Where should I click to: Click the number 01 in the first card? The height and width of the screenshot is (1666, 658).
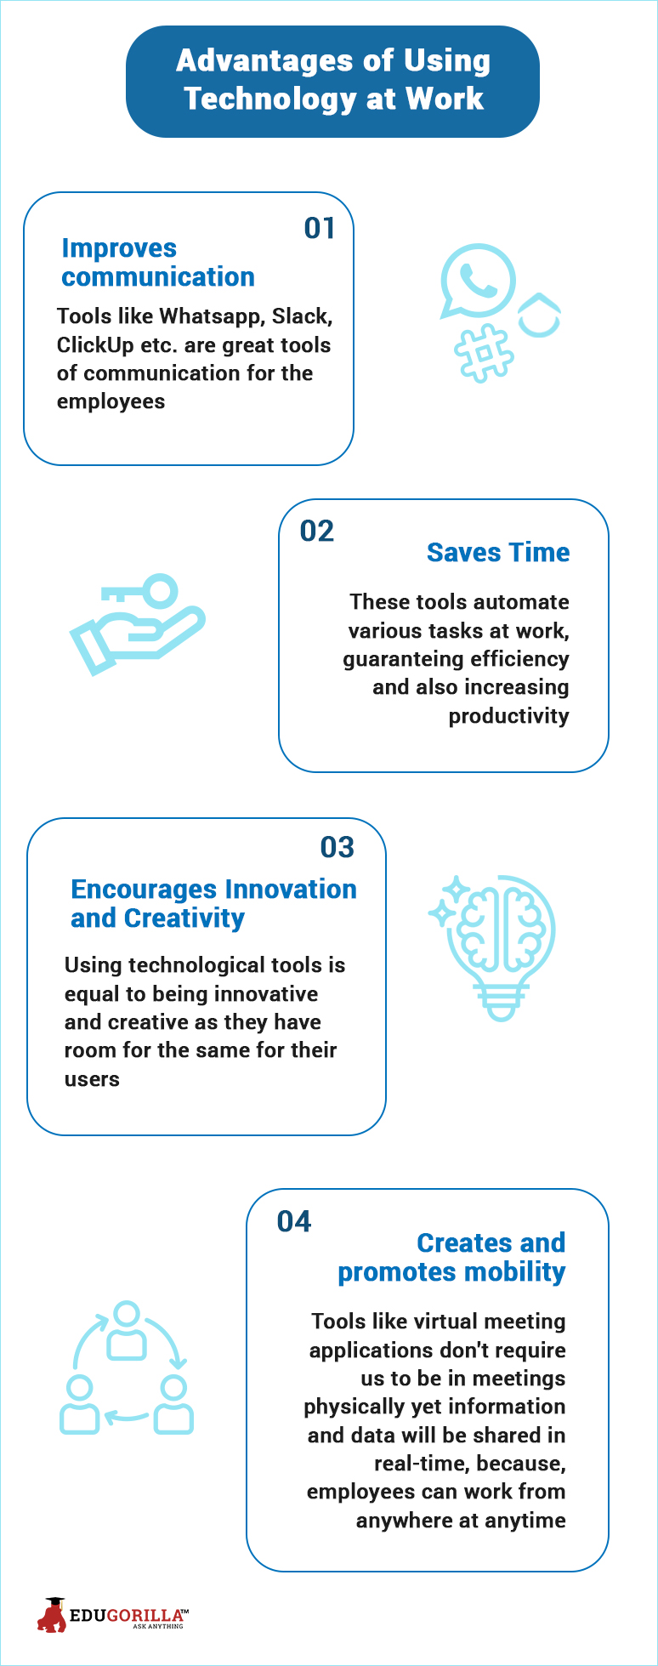pos(320,228)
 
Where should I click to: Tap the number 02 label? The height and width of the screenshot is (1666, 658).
pos(317,531)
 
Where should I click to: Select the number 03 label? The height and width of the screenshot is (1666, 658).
pos(338,847)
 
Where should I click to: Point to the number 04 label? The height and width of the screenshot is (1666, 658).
pos(294,1221)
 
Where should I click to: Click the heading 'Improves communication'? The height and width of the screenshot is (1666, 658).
pos(158,262)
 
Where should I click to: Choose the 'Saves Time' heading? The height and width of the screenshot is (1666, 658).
pos(498,553)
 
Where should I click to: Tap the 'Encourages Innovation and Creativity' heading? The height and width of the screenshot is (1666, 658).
pos(213,903)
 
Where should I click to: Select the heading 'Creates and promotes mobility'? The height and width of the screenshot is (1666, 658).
pos(451,1257)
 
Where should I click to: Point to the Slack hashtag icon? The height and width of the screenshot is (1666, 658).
pos(485,352)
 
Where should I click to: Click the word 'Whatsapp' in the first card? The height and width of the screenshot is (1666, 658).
pos(212,317)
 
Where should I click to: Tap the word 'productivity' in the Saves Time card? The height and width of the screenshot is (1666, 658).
pos(508,716)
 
